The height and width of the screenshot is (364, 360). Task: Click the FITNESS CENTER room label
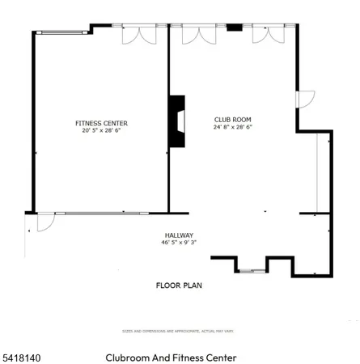click(x=101, y=123)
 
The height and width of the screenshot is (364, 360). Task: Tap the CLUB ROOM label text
click(x=233, y=118)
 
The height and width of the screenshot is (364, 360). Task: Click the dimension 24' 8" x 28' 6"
click(x=233, y=127)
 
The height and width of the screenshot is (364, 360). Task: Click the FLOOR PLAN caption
click(x=178, y=286)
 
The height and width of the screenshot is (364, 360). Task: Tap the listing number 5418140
click(x=22, y=357)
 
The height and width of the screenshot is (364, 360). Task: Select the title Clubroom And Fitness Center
click(x=170, y=357)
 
